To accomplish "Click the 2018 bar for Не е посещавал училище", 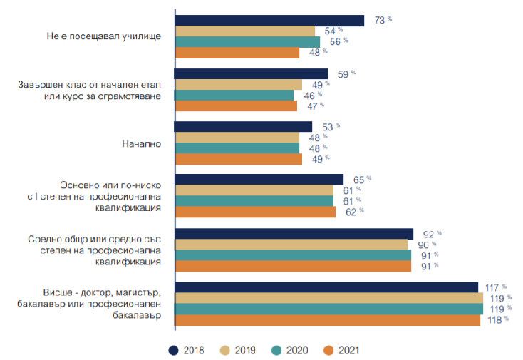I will pos(269,21).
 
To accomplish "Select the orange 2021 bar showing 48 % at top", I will pos(237,53).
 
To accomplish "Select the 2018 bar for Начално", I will pos(243,126).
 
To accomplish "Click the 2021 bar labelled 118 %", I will pos(327,319).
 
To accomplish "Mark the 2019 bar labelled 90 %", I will pos(291,245).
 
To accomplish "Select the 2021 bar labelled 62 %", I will pos(254,212).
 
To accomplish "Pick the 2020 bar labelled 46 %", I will pos(234,95).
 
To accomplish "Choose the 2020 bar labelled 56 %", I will pos(247,42).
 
